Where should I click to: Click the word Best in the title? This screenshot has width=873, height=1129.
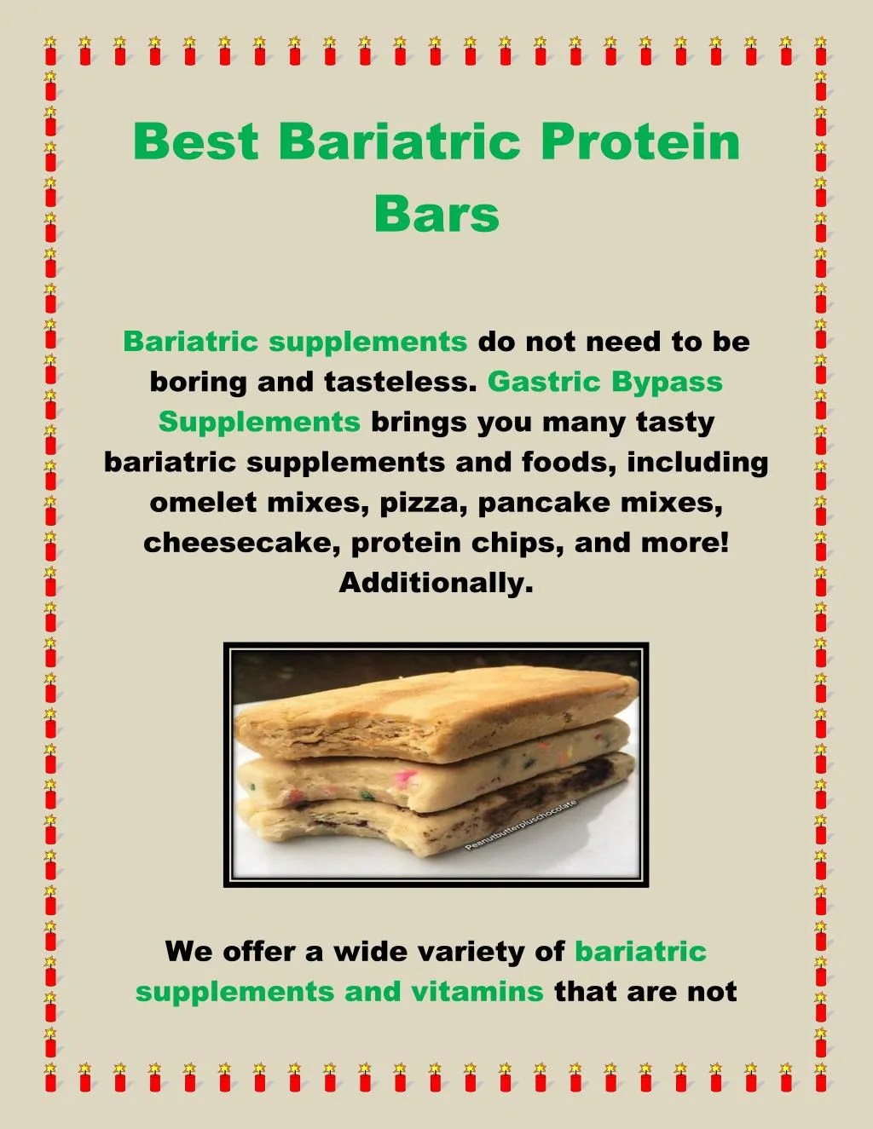pyautogui.click(x=195, y=141)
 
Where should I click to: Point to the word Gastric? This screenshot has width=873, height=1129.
pyautogui.click(x=544, y=382)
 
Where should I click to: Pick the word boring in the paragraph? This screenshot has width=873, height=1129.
pyautogui.click(x=199, y=382)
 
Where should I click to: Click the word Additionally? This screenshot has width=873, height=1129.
pyautogui.click(x=436, y=583)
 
